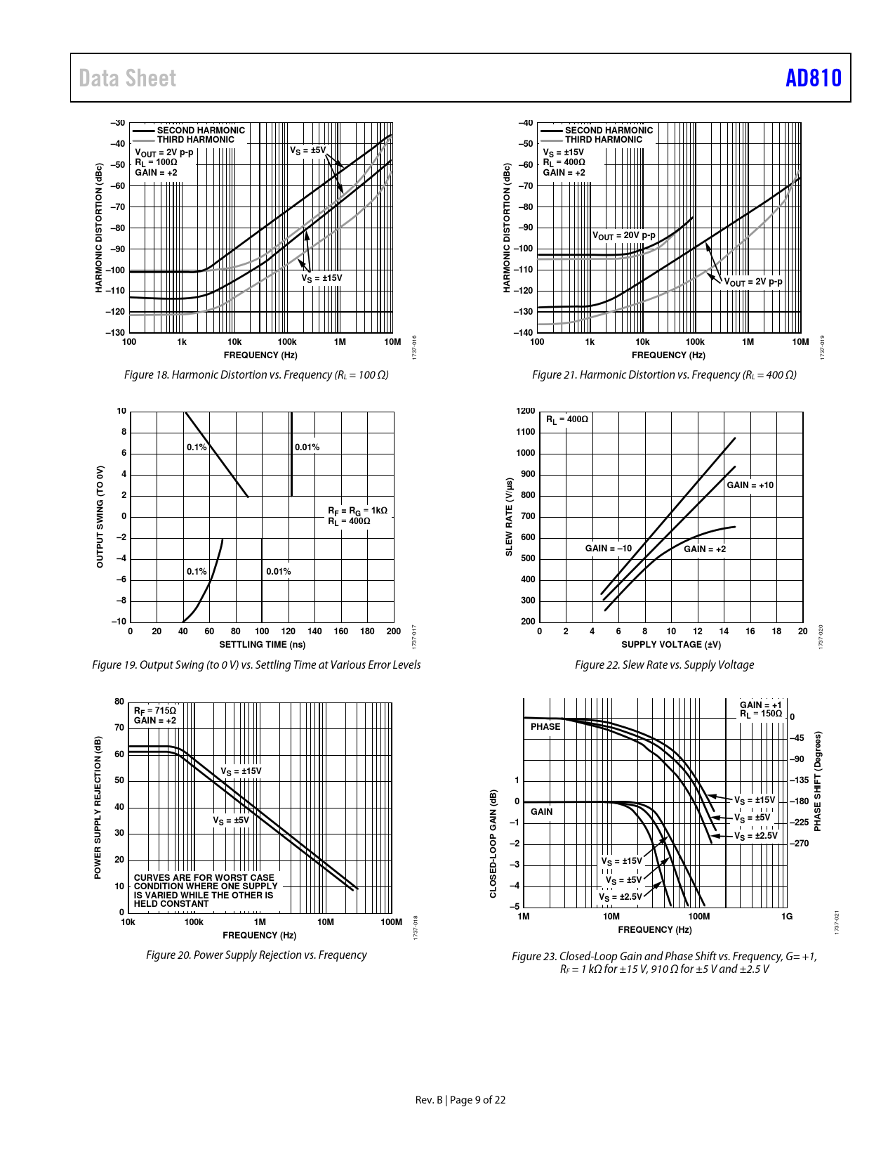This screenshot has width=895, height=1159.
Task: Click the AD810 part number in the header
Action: tap(813, 78)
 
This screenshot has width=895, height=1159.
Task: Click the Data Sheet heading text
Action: tap(127, 78)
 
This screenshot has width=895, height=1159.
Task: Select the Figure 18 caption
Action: tap(256, 375)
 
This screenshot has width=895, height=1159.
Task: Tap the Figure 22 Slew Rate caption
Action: tap(664, 664)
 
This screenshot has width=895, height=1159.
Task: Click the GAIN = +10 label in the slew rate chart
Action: tap(750, 485)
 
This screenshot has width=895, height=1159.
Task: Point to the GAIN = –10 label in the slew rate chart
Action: tap(608, 549)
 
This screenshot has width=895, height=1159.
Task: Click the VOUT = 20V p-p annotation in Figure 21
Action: tap(624, 236)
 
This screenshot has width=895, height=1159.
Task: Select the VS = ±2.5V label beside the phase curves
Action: tap(756, 836)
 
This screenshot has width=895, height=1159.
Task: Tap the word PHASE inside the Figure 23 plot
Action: tap(545, 727)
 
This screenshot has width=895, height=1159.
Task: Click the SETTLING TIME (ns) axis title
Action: tap(262, 644)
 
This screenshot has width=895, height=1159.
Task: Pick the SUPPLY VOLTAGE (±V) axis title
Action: tap(671, 644)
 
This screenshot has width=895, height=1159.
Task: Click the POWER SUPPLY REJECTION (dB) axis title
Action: tap(98, 808)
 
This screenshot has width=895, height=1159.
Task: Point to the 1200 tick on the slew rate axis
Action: tap(526, 412)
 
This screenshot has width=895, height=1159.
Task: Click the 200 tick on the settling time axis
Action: tap(394, 631)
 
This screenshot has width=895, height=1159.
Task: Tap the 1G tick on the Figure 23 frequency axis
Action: tap(787, 916)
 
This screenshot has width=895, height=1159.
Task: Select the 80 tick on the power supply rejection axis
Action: tap(119, 702)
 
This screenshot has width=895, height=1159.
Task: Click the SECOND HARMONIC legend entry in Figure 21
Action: tap(609, 130)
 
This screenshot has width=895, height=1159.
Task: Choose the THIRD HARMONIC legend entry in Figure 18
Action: tap(195, 140)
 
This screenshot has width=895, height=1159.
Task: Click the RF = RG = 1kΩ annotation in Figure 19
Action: tap(357, 510)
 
